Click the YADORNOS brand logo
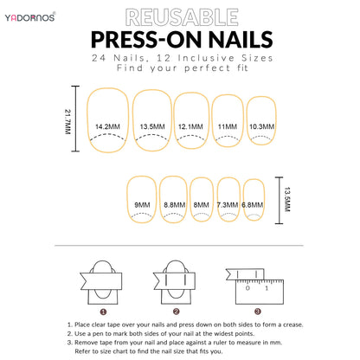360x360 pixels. (x=33, y=16)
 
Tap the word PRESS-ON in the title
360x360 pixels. (x=148, y=39)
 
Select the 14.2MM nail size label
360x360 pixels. (x=108, y=126)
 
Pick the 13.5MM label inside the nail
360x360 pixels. (x=151, y=126)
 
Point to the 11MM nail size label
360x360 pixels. (x=227, y=126)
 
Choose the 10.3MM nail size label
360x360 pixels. (x=261, y=126)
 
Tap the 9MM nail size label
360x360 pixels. (x=142, y=204)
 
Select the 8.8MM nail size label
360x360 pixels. (x=173, y=204)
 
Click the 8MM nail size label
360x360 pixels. (x=201, y=204)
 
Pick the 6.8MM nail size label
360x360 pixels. (x=253, y=204)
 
